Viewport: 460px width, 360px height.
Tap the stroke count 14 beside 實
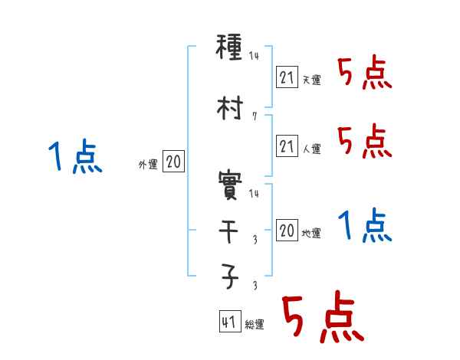255,194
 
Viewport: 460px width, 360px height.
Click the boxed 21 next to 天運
287,77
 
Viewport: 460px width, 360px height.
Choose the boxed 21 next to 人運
287,146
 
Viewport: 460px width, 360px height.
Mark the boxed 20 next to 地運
287,231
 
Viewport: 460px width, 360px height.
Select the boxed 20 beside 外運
173,162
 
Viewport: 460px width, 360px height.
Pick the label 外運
148,165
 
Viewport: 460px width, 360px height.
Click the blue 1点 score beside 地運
365,226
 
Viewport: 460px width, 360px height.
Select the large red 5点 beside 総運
322,318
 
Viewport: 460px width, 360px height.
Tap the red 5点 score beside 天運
365,74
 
